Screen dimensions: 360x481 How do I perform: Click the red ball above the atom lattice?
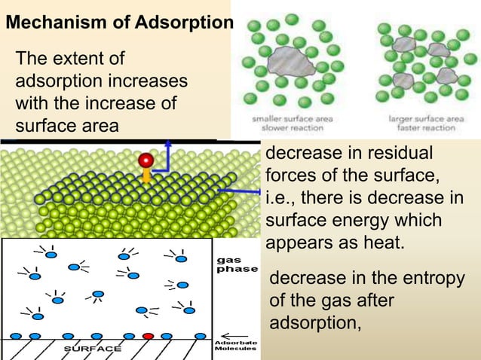145,160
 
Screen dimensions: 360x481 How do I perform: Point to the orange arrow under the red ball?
145,176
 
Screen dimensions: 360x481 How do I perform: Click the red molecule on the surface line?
149,336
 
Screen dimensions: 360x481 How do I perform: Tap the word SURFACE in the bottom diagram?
97,349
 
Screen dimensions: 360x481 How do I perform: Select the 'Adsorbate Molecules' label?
236,347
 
